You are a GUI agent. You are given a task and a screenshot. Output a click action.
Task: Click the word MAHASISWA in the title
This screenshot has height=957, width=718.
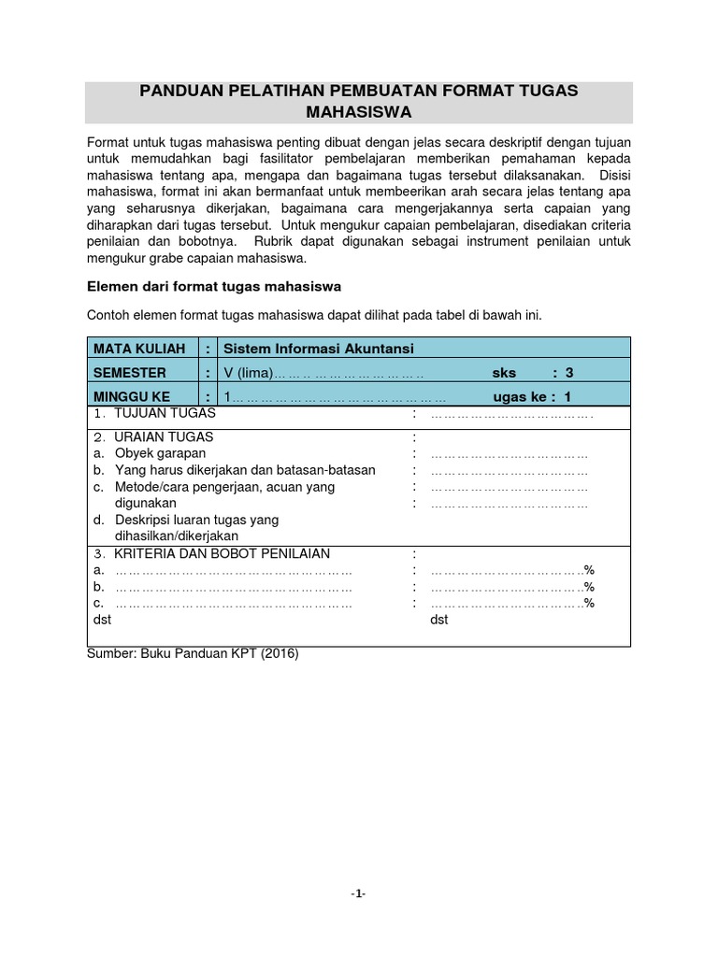coord(359,113)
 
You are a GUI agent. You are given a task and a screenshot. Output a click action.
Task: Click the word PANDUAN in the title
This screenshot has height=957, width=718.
coord(179,91)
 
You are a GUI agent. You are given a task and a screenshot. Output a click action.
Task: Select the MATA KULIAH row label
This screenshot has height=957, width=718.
coord(133,349)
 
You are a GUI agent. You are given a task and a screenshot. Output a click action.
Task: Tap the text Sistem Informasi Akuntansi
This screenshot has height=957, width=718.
coord(319,349)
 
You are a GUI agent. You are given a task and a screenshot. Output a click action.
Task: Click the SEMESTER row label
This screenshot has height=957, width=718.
coord(130,372)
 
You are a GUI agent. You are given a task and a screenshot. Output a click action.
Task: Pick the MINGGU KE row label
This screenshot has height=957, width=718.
coord(131,395)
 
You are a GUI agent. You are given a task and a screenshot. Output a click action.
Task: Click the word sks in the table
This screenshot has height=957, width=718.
coord(504,372)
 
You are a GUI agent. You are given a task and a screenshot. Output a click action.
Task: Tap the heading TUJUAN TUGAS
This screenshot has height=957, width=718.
coord(165,412)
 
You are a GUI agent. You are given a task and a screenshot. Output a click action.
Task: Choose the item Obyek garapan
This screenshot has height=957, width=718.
coord(159,453)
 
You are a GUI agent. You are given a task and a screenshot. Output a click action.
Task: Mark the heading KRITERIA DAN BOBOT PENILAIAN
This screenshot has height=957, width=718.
coord(222,553)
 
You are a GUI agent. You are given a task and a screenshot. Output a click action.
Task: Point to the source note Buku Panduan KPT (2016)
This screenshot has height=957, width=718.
coord(217,654)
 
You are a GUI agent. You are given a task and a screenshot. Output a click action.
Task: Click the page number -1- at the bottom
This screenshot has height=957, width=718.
coord(358,893)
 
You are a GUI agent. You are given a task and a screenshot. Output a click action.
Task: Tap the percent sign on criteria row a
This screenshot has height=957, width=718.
coord(589,570)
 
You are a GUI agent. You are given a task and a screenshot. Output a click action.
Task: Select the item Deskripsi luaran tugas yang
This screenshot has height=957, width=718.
coord(196,520)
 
